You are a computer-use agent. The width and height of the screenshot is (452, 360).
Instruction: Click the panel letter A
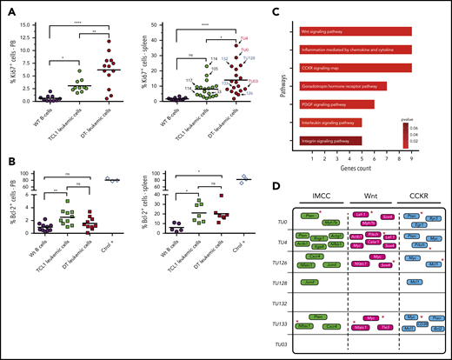tap(7, 6)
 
